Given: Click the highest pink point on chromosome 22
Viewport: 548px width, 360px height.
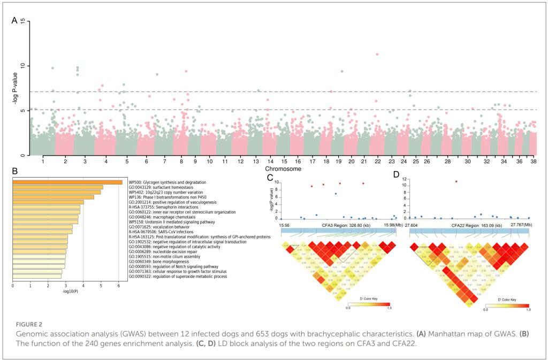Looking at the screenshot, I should pyautogui.click(x=377, y=55).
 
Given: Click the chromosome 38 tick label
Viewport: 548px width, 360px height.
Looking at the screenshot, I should pyautogui.click(x=533, y=160).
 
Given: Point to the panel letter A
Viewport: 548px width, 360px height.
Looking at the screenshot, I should pyautogui.click(x=15, y=21).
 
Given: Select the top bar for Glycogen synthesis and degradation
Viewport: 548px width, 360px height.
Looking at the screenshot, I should pyautogui.click(x=67, y=182).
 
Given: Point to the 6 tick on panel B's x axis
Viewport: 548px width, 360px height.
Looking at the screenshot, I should pyautogui.click(x=119, y=286).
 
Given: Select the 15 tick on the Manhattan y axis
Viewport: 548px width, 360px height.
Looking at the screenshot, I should pyautogui.click(x=21, y=21).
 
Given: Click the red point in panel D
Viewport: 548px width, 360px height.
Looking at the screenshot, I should pyautogui.click(x=456, y=181).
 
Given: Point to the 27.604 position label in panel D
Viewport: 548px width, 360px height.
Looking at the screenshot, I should pyautogui.click(x=412, y=226).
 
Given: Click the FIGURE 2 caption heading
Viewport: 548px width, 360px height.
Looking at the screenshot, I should pyautogui.click(x=24, y=324).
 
